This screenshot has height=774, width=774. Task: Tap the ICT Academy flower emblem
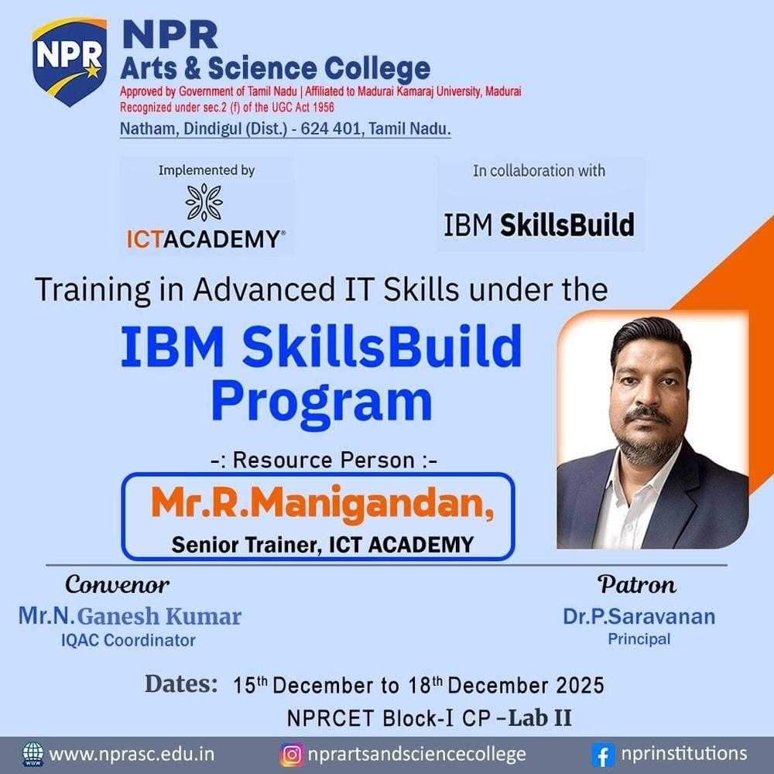pyautogui.click(x=204, y=202)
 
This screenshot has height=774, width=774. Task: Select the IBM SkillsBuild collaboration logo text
pyautogui.click(x=539, y=224)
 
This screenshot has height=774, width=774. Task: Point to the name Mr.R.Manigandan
pyautogui.click(x=321, y=504)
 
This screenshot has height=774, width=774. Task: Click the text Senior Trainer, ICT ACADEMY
pyautogui.click(x=321, y=545)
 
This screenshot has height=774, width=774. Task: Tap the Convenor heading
pyautogui.click(x=117, y=583)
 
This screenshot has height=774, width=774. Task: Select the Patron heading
pyautogui.click(x=637, y=584)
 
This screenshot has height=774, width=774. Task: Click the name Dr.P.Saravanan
pyautogui.click(x=639, y=616)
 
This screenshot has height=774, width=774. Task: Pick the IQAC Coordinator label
pyautogui.click(x=129, y=640)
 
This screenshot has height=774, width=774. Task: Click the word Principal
pyautogui.click(x=639, y=639)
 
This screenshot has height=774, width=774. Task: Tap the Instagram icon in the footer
pyautogui.click(x=291, y=754)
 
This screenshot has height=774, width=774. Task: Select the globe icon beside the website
pyautogui.click(x=33, y=754)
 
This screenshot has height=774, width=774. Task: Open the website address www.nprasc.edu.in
pyautogui.click(x=132, y=754)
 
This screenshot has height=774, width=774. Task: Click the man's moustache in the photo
pyautogui.click(x=649, y=416)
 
